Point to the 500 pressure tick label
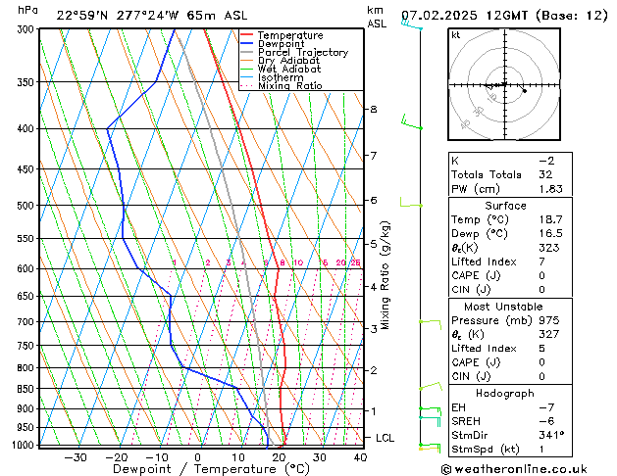tap(26, 206)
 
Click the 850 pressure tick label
tap(26, 389)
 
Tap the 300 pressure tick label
tap(26, 29)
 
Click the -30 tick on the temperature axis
tap(75, 457)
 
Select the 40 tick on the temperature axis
tap(360, 457)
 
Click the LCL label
tap(386, 439)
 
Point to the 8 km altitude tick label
tap(374, 109)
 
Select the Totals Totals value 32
tap(547, 173)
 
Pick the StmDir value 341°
tap(552, 435)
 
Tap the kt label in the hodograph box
tap(456, 34)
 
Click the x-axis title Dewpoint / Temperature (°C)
tap(197, 469)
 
